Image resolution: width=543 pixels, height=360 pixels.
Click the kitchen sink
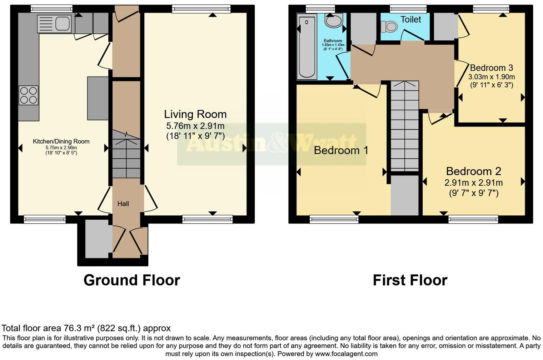(55, 24)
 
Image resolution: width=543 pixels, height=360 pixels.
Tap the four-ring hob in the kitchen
(29, 95)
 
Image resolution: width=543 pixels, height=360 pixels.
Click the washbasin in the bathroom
(334, 21)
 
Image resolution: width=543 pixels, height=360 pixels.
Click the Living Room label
(195, 114)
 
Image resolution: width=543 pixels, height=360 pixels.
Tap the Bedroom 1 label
(341, 150)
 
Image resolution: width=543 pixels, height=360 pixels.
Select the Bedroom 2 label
(473, 171)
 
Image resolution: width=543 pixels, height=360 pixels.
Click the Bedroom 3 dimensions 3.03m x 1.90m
(491, 77)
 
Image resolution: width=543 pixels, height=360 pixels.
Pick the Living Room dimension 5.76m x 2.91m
(195, 126)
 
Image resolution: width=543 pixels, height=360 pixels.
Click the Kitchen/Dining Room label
(61, 141)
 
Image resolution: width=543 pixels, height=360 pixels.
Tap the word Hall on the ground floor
(123, 204)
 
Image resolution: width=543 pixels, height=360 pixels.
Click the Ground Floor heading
(131, 280)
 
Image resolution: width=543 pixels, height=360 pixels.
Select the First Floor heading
(410, 280)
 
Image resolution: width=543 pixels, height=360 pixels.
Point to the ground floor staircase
(126, 154)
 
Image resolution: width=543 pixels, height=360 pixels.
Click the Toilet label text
(410, 20)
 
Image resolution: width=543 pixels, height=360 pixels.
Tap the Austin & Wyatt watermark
(271, 144)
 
